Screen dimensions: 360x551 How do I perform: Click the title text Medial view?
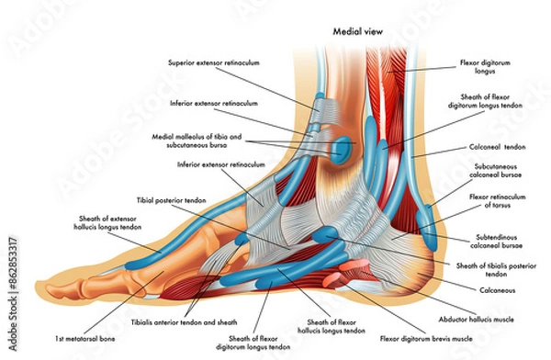(x=355, y=30)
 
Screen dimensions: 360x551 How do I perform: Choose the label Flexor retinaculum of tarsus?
(x=497, y=200)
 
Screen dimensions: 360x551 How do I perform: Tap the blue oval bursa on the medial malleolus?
(x=342, y=146)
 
